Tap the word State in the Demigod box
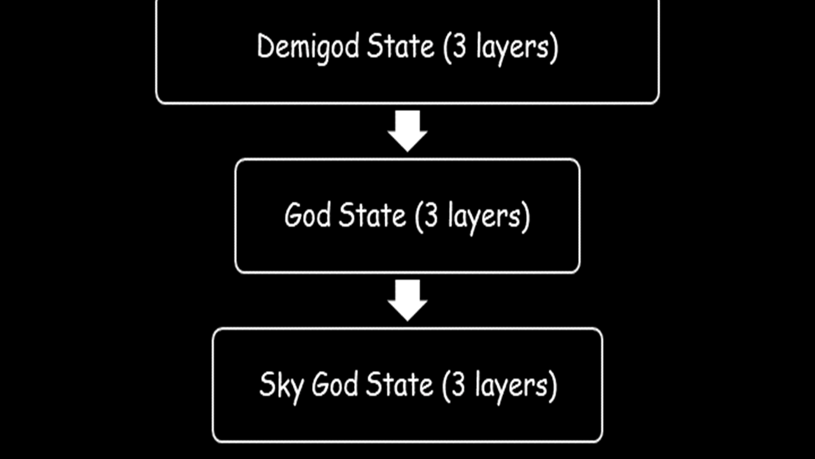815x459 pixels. pos(400,46)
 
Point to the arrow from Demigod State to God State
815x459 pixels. pos(407,131)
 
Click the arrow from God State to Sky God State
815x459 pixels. pos(407,300)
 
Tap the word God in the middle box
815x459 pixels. pos(308,215)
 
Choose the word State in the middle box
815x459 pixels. pos(372,215)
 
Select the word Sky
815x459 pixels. pos(281,387)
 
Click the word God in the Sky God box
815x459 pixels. pos(335,384)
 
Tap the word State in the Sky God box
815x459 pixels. pos(399,384)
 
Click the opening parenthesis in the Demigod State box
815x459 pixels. pos(447,47)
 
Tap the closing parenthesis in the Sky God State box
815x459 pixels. pos(553,386)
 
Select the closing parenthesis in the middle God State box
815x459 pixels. pos(526,217)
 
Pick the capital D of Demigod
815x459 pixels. pos(266,46)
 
